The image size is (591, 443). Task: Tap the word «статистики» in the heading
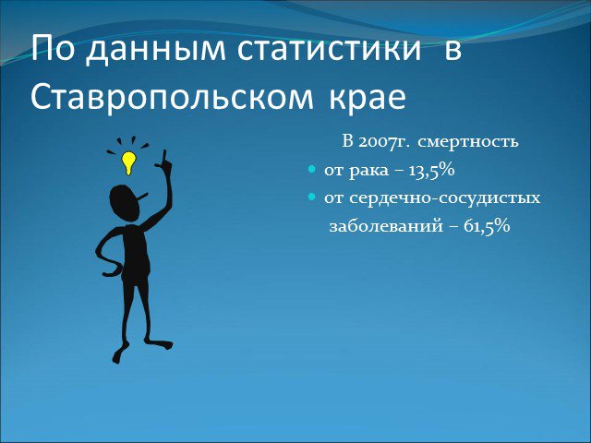click(x=329, y=48)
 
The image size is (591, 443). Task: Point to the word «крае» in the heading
click(x=368, y=98)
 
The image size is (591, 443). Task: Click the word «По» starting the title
click(x=53, y=48)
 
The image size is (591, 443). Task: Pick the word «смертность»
click(x=468, y=142)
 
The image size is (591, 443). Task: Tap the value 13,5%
click(x=431, y=170)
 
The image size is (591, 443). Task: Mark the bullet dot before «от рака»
click(x=311, y=170)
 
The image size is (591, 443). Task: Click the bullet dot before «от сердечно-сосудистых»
click(x=311, y=197)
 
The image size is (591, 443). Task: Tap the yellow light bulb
click(x=128, y=162)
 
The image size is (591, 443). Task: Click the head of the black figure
click(x=126, y=203)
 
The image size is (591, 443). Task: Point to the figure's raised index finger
click(x=164, y=157)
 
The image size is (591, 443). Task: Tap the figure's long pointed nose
click(x=143, y=197)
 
